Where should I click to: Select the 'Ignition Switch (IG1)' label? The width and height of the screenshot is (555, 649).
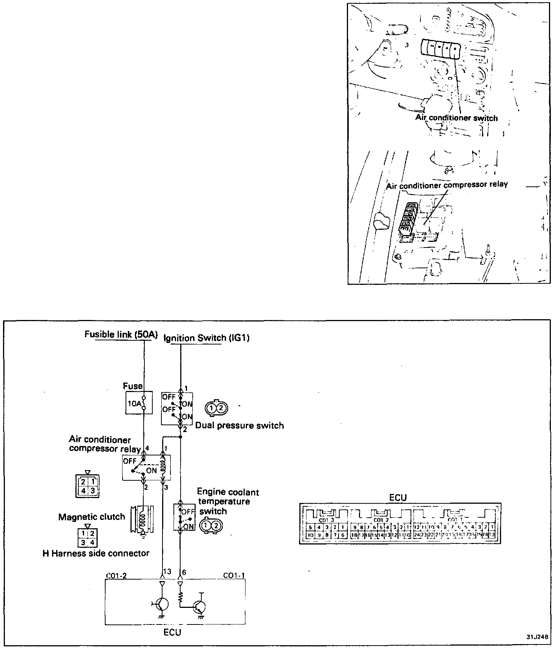coord(206,338)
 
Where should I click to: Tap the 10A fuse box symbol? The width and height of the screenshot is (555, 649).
coord(139,403)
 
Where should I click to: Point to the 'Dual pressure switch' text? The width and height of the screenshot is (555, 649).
coord(239,426)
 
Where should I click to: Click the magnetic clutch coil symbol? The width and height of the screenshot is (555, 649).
coord(142,519)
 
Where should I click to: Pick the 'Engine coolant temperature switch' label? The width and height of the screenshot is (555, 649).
coord(228,501)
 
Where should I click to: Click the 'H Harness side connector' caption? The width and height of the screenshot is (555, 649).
coord(96,554)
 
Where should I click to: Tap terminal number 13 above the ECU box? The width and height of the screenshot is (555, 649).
coord(167,572)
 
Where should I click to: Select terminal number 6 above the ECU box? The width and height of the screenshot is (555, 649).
coord(184,572)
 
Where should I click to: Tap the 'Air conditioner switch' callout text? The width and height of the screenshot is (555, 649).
coord(456,118)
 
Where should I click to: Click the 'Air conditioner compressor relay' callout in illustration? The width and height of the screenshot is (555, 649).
coord(447,185)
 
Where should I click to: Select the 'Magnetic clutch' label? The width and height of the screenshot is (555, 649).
coord(92,517)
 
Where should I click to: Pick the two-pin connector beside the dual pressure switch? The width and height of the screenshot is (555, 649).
coord(216,408)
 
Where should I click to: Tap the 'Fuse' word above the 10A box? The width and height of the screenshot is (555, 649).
coord(133,386)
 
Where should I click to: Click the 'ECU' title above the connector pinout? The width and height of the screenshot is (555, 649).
coord(398,498)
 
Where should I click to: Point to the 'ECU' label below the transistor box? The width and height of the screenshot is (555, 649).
coord(172,632)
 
